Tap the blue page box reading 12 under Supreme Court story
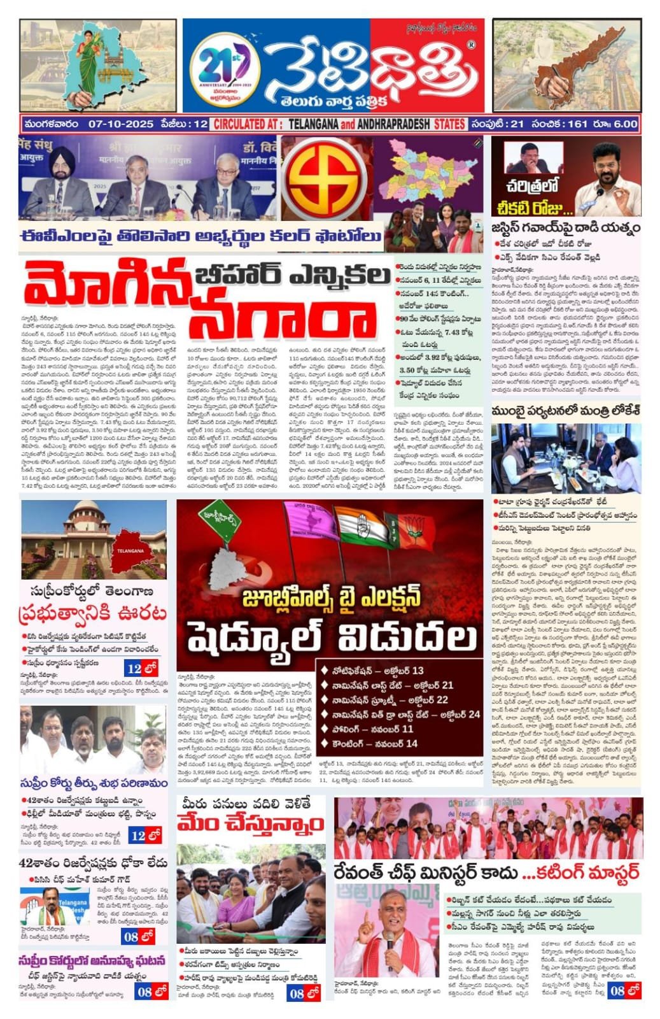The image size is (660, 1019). pos(141,669)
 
